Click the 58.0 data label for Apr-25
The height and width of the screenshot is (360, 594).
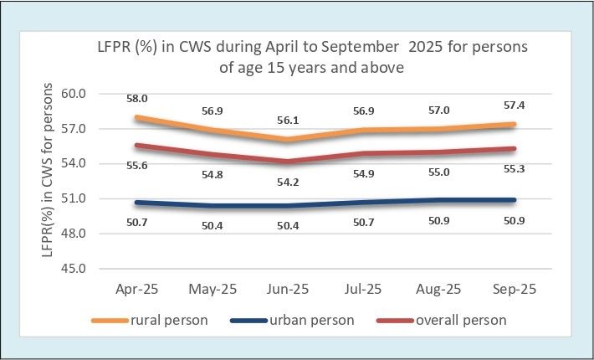tap(136, 99)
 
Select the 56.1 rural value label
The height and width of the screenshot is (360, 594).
tap(288, 121)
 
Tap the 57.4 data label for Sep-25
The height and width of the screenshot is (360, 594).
tap(514, 105)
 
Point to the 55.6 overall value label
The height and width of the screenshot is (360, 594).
tap(136, 165)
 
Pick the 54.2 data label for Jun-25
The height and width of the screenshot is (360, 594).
tap(288, 183)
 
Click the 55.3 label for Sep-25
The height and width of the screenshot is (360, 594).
tap(514, 168)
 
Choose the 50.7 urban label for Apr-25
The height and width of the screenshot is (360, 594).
tap(136, 223)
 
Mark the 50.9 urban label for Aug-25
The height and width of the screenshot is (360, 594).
tap(439, 220)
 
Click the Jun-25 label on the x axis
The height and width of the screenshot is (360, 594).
tap(288, 290)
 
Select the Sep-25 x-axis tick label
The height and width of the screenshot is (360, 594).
tap(515, 290)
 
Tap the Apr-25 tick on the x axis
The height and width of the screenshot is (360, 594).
tap(136, 290)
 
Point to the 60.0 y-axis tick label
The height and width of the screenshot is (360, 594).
tap(73, 93)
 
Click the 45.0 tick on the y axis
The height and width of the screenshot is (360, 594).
tap(73, 268)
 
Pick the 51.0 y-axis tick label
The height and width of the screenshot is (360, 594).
tap(73, 198)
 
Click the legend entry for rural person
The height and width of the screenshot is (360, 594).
tap(150, 320)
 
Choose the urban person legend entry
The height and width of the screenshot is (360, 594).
tap(292, 320)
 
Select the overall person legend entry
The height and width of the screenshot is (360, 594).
tap(442, 320)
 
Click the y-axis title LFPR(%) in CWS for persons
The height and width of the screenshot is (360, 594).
tap(48, 170)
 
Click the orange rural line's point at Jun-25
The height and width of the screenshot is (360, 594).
tap(288, 139)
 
